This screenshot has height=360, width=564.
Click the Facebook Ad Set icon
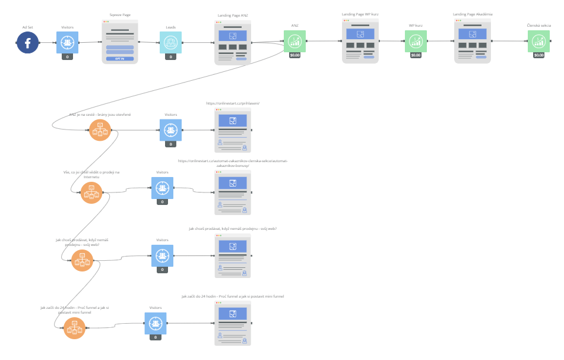click(27, 42)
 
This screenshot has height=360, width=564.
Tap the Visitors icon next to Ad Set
click(67, 42)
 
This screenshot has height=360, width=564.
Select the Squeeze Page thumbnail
click(119, 42)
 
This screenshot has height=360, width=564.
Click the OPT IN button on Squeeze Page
click(119, 59)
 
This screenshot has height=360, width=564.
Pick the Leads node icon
click(170, 42)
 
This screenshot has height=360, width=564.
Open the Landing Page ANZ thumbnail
click(233, 42)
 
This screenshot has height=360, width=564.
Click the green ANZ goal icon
click(294, 41)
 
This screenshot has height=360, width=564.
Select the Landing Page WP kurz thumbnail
click(360, 40)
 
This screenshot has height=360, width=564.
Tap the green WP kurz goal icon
click(416, 42)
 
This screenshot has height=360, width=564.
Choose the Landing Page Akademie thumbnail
click(473, 41)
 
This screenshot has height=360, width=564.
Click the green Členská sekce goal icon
click(538, 42)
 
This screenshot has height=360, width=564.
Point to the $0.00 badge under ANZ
click(294, 55)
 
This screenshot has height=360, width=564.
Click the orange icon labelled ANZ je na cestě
click(100, 130)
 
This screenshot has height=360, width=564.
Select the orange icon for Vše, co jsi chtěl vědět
click(91, 192)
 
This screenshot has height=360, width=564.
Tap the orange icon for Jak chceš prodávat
click(82, 260)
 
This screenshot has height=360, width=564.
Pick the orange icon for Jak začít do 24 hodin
click(75, 328)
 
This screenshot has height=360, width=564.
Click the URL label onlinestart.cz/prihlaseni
click(233, 103)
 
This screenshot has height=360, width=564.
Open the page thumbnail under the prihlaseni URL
click(233, 131)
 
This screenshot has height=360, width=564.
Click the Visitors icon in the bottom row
click(156, 323)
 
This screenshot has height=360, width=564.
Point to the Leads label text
click(170, 27)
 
